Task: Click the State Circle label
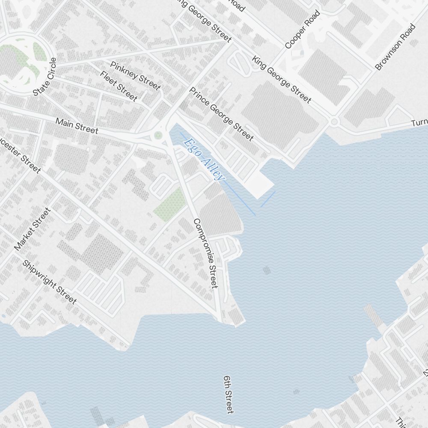pos(45,77)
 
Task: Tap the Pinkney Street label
pos(135,76)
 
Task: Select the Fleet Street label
pos(119,86)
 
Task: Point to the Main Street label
pos(77,126)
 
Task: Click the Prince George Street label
pos(221,113)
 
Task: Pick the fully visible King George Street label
pos(281,79)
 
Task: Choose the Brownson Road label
pos(395,47)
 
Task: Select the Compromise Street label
pos(205,253)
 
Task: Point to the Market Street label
pos(33,229)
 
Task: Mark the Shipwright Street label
pos(49,282)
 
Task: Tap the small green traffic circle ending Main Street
pos(158,135)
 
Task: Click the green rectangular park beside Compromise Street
pos(170,204)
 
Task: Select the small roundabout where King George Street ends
pos(334,122)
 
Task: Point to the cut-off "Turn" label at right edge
pos(419,123)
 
